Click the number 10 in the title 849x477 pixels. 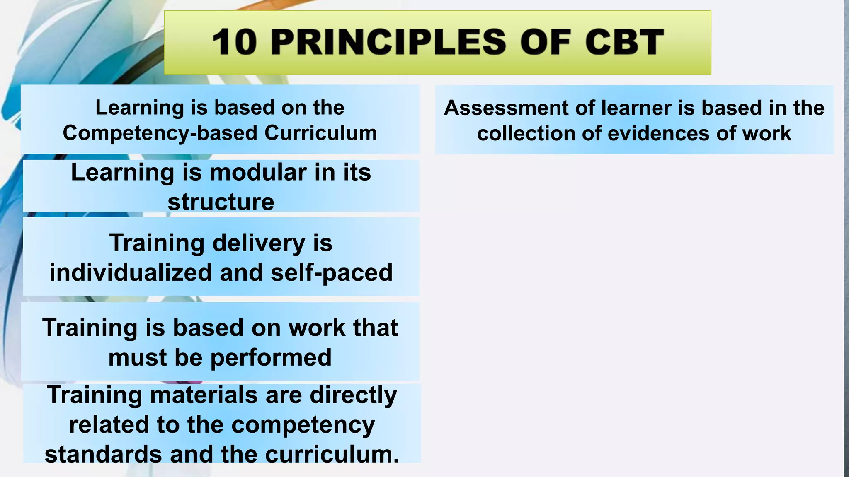pyautogui.click(x=234, y=42)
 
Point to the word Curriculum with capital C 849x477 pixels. pyautogui.click(x=320, y=133)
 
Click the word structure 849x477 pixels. pyautogui.click(x=221, y=202)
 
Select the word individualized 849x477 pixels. pyautogui.click(x=131, y=273)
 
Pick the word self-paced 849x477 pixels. pyautogui.click(x=331, y=273)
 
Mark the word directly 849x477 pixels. pyautogui.click(x=353, y=395)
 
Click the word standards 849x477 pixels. pyautogui.click(x=103, y=454)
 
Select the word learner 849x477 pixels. pyautogui.click(x=637, y=108)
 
